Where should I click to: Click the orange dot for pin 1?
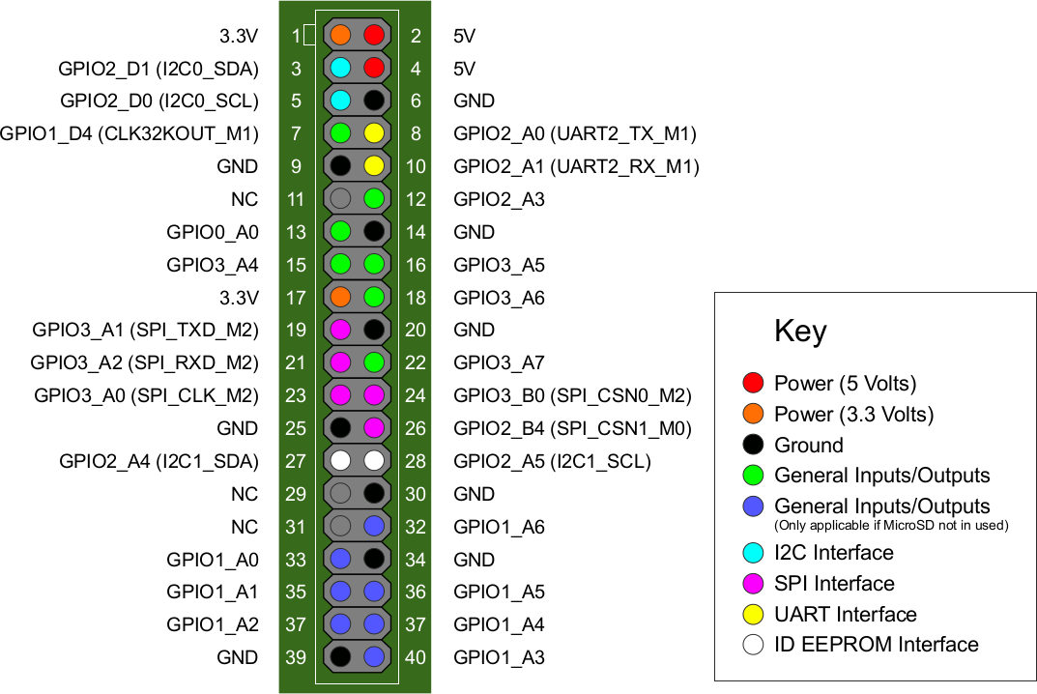point(340,36)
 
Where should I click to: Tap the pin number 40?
point(415,657)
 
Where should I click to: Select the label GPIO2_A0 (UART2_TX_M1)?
point(574,133)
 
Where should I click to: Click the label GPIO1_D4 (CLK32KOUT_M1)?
point(130,133)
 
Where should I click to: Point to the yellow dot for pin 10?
point(374,166)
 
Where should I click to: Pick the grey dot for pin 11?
point(340,199)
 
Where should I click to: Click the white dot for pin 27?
point(340,461)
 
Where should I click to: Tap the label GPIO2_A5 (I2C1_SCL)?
point(552,461)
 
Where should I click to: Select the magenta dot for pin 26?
point(374,428)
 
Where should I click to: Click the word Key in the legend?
point(800,332)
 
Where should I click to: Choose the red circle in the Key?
point(755,384)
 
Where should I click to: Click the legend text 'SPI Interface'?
point(834,583)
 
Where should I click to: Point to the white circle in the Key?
point(755,645)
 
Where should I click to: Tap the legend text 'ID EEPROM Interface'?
point(876,645)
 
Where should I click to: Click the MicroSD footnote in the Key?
point(891,525)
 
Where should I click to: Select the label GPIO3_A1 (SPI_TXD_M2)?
point(145,330)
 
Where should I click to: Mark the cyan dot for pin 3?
point(340,68)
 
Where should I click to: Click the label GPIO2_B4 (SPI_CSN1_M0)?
point(573,428)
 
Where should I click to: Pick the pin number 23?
point(296,395)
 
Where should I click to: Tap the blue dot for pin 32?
point(374,527)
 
